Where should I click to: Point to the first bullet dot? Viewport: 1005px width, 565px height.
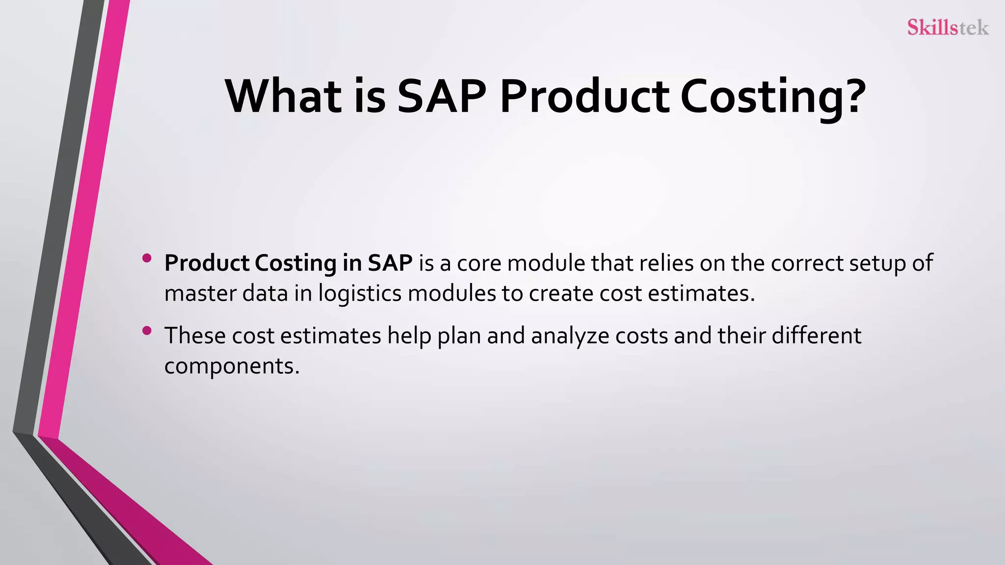click(146, 258)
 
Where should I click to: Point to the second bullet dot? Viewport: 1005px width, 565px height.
click(146, 331)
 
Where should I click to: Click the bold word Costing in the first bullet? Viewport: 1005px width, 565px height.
click(295, 263)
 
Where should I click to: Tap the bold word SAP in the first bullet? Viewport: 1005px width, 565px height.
click(390, 263)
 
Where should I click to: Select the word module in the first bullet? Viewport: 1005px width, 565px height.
click(546, 263)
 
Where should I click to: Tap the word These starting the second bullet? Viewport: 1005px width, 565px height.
click(195, 336)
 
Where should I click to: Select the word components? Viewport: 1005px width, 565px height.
click(231, 366)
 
